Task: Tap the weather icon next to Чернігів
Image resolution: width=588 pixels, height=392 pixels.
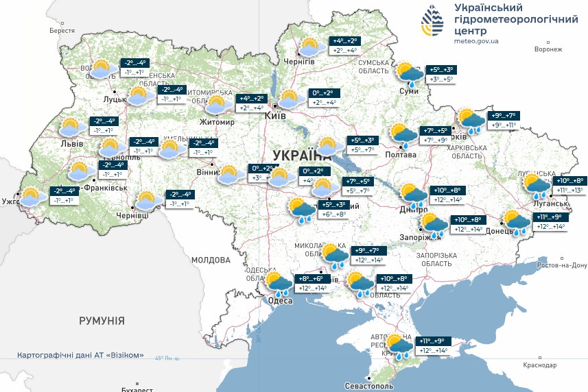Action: tap(311, 47)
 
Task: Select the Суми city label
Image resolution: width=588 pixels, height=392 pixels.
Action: tap(409, 90)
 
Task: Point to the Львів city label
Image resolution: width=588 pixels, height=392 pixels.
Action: tap(72, 144)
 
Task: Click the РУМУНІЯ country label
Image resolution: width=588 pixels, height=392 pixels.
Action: tap(102, 321)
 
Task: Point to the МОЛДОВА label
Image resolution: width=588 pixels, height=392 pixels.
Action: tap(211, 260)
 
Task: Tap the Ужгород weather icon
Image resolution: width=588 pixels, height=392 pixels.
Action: tap(31, 197)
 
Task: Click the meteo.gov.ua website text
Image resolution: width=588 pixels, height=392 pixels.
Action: tap(476, 41)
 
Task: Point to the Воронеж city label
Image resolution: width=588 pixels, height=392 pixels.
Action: tap(548, 49)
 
